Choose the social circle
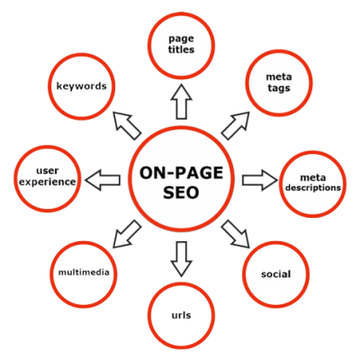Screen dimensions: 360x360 point(275,272)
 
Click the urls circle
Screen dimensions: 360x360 point(182,314)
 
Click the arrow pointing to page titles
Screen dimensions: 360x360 point(181,103)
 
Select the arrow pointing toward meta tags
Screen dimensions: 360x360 point(237,122)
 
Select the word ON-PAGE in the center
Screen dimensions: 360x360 point(180,167)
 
